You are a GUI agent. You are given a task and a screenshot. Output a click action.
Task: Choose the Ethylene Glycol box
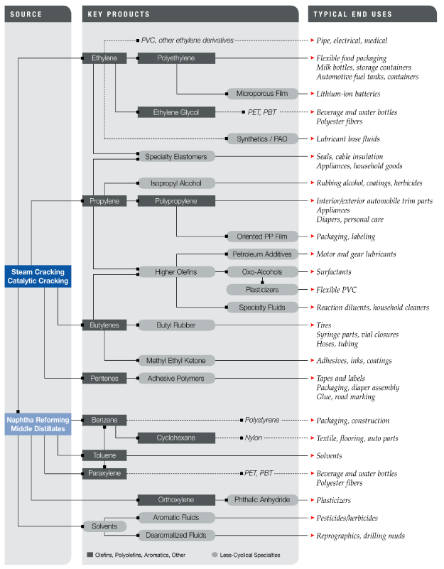pos(176,112)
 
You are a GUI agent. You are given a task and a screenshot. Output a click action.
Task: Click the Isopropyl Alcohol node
pos(176,183)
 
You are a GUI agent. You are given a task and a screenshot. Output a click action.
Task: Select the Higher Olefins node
pos(176,271)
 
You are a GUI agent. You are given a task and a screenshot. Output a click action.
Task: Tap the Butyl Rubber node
pos(176,325)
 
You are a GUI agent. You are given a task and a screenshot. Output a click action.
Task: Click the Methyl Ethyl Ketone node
pos(176,360)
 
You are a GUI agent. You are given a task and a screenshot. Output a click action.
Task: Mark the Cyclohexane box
pos(176,438)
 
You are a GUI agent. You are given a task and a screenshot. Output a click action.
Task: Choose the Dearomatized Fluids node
pos(176,535)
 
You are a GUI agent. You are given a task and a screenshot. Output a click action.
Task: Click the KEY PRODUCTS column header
pos(119,14)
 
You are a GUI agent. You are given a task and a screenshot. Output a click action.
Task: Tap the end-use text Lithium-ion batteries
pos(348,94)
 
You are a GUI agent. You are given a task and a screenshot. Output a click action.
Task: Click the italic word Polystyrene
pos(264,421)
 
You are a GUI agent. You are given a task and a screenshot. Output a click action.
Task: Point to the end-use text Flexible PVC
pos(337,290)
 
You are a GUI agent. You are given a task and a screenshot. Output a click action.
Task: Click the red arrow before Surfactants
pos(311,272)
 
